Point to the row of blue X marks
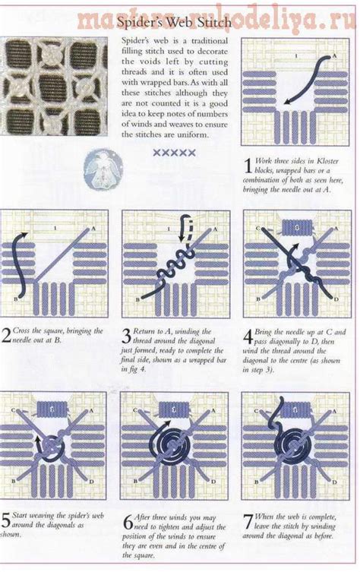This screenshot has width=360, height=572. [174, 153]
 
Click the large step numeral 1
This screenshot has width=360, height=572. [247, 166]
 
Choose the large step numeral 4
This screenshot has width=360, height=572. [247, 335]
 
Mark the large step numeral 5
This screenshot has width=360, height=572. [6, 522]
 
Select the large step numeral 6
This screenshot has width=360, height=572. [128, 523]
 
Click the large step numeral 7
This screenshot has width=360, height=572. [247, 523]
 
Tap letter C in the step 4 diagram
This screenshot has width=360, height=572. [257, 228]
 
